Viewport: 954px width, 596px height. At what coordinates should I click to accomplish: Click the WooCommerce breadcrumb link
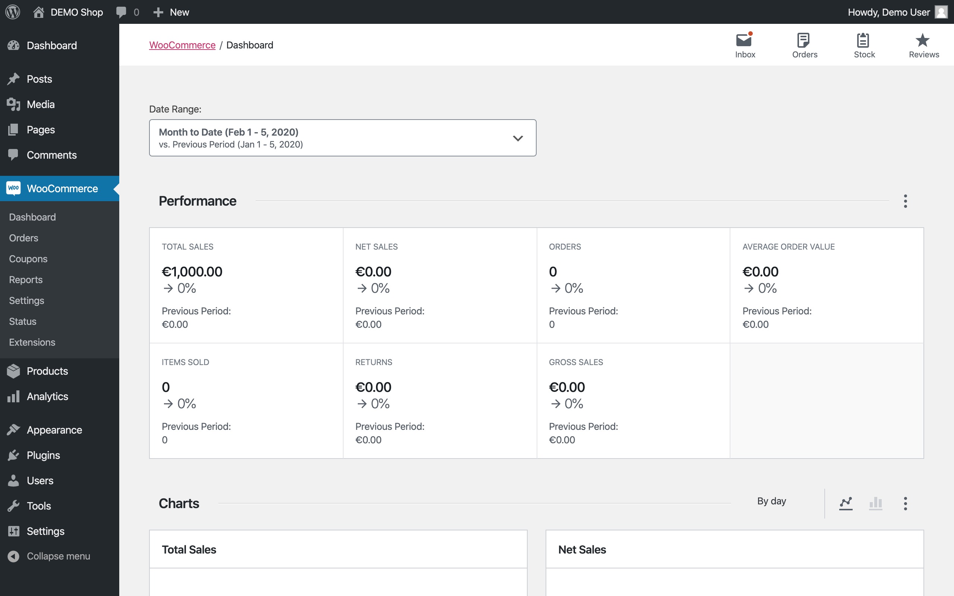point(182,45)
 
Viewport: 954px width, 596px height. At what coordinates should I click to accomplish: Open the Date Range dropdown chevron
point(518,138)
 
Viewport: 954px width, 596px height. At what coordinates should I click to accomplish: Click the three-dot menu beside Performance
point(905,201)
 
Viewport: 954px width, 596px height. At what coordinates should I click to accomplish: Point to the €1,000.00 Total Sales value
point(192,272)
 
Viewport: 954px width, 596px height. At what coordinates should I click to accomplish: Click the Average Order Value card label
point(789,247)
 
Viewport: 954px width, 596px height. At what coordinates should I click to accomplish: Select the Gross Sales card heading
point(575,362)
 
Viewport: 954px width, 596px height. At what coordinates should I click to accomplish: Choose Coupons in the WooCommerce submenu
point(28,259)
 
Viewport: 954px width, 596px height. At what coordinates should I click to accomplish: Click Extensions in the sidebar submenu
point(32,342)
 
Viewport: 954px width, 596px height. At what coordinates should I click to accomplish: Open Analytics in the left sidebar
point(47,397)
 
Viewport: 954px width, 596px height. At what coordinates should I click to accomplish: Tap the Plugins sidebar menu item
point(43,455)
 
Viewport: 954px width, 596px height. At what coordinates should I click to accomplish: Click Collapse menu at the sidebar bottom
point(58,556)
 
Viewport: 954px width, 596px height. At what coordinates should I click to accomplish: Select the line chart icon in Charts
point(846,503)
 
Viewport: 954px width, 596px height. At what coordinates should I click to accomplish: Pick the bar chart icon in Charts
point(875,503)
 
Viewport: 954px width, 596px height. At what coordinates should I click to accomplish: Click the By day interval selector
point(771,501)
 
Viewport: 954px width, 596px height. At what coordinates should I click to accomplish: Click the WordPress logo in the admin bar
point(13,12)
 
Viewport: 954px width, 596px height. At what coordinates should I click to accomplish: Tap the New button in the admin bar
point(171,12)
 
